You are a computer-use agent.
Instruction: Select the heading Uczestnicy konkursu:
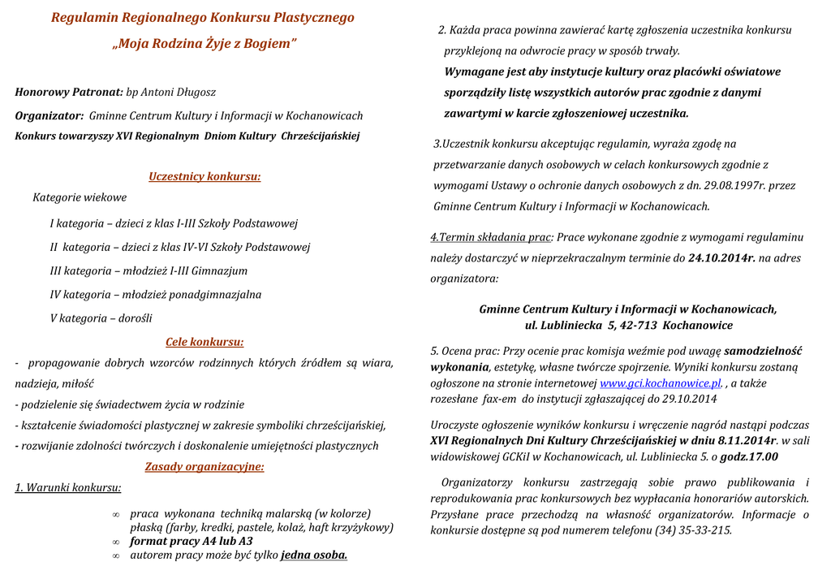(205, 176)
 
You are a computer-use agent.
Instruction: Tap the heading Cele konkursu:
(205, 342)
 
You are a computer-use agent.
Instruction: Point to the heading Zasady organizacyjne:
(205, 467)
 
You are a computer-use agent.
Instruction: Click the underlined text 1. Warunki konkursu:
(68, 488)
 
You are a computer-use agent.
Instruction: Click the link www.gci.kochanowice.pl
(661, 383)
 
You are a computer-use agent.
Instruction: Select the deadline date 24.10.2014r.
(721, 258)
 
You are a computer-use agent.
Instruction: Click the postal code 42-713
(638, 326)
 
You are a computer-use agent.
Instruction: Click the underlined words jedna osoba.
(314, 556)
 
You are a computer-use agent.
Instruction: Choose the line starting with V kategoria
(101, 318)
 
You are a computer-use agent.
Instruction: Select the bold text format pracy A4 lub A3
(192, 542)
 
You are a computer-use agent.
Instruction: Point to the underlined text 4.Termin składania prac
(491, 238)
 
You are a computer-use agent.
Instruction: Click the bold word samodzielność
(763, 352)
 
